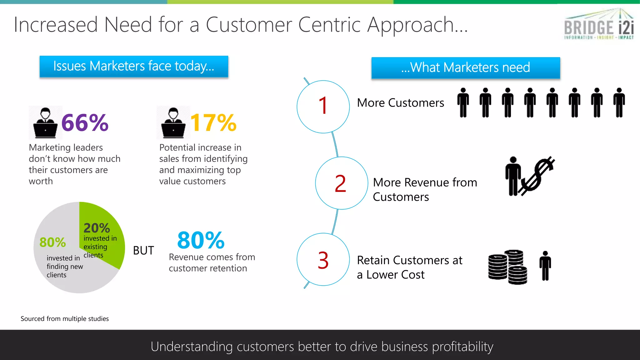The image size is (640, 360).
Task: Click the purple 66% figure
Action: [85, 122]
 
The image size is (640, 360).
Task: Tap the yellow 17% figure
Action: [213, 122]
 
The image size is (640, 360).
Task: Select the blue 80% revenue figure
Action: [201, 240]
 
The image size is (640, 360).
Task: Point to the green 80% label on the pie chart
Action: [52, 242]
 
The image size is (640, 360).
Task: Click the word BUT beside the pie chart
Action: [143, 250]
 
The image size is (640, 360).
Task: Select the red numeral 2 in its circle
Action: [340, 183]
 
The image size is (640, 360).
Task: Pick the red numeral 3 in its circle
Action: [323, 260]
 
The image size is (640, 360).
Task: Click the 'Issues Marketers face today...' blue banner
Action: [134, 66]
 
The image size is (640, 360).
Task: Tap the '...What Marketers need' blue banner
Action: [466, 67]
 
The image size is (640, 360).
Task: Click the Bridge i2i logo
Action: [599, 24]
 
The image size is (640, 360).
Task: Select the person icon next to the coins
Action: [545, 266]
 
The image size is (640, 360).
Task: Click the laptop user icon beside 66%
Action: [46, 123]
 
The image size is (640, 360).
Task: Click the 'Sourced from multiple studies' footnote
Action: [65, 319]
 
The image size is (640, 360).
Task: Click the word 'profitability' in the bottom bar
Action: [462, 347]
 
